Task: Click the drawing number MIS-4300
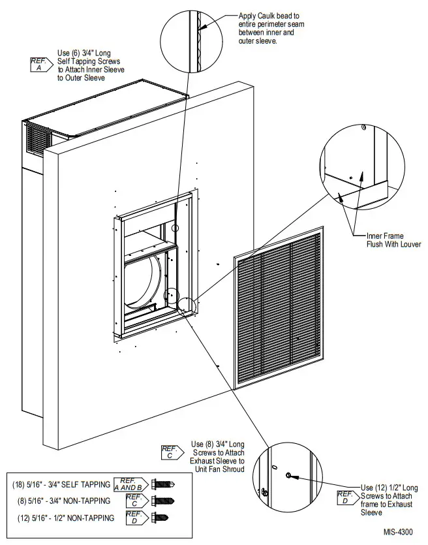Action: (x=397, y=533)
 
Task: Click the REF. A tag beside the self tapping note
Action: (x=39, y=63)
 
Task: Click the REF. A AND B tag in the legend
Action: (x=130, y=484)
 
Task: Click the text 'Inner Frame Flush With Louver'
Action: (x=393, y=240)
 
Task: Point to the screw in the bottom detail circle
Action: (x=289, y=476)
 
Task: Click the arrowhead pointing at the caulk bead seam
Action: (x=203, y=28)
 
